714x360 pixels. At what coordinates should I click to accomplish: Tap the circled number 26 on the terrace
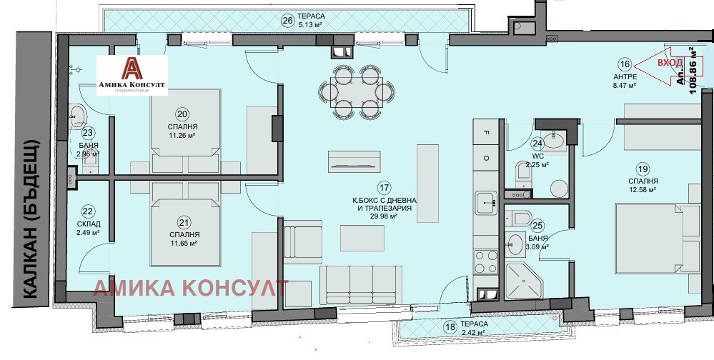coord(288,20)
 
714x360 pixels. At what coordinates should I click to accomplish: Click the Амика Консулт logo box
coord(132,75)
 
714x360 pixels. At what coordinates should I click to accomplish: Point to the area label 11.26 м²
coord(182,134)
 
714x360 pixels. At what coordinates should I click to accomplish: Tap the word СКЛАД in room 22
coord(89,223)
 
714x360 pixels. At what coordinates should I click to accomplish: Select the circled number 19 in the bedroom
coord(643,169)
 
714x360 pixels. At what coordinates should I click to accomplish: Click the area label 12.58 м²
coord(643,189)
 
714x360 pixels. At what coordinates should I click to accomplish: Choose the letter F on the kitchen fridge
coord(486,132)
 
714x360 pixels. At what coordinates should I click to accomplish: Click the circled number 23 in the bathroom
coord(89,132)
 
